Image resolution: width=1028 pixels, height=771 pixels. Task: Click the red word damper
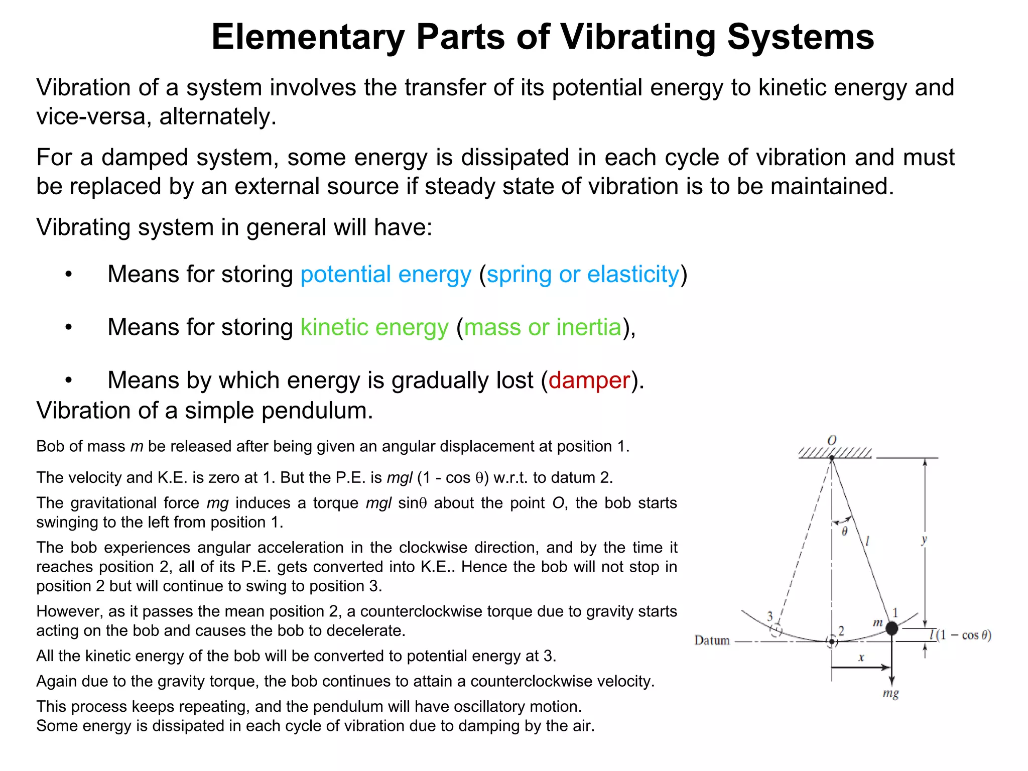[589, 380]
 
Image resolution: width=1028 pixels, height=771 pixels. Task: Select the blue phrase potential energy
[385, 275]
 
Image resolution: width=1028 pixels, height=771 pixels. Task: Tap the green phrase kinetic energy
[374, 327]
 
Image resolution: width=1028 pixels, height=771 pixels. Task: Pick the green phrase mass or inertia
[543, 327]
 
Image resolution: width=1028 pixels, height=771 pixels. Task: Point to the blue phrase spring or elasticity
[583, 275]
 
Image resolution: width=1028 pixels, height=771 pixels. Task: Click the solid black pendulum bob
[891, 628]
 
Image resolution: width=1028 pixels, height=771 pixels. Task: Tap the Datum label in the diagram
[712, 640]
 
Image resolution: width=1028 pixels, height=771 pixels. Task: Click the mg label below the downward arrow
[890, 694]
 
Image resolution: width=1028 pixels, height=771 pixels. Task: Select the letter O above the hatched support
[832, 440]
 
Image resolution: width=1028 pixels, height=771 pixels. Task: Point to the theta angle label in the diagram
[844, 532]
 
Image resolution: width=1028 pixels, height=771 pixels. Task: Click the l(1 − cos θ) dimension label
[960, 635]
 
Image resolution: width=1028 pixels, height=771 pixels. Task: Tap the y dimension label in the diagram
[924, 540]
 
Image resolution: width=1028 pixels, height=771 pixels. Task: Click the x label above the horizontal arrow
[861, 658]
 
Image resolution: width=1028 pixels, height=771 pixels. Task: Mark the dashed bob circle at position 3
[776, 630]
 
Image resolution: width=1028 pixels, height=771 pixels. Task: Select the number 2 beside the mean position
[841, 631]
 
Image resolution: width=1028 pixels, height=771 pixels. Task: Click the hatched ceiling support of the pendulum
[835, 453]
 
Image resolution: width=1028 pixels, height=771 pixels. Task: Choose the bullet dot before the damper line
[69, 380]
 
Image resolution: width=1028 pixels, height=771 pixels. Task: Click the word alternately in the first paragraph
[217, 116]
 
